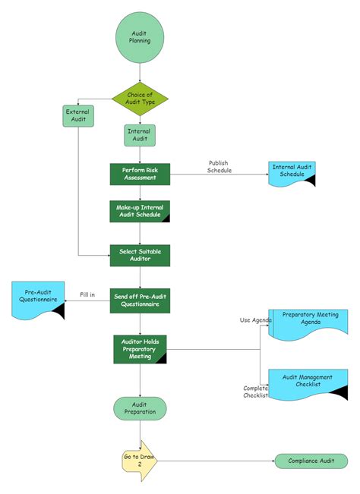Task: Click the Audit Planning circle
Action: [140, 36]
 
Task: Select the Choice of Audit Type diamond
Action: [140, 99]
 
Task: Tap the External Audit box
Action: [78, 115]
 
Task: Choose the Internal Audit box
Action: [140, 135]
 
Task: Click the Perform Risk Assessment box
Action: [140, 174]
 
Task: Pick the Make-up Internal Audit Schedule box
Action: [140, 211]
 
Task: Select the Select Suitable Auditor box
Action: [140, 255]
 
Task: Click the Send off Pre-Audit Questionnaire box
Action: [140, 300]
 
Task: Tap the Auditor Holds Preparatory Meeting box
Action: [140, 348]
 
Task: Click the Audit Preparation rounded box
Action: [140, 408]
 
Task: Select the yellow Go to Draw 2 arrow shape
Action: [139, 461]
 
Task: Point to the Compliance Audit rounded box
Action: [311, 461]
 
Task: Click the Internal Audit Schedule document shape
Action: [292, 172]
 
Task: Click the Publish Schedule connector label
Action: [218, 167]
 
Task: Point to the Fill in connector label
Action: [87, 294]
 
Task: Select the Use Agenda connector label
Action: [255, 319]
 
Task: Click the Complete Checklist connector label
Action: [255, 392]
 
